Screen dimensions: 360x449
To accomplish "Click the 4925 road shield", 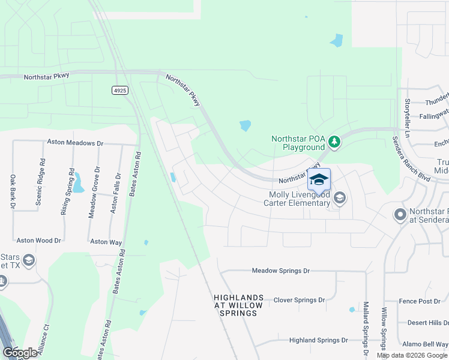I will (120, 90).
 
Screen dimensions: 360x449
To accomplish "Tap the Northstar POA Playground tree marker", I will (334, 142).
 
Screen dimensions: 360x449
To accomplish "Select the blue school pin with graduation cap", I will (319, 180).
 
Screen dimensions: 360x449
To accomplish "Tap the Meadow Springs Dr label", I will (281, 271).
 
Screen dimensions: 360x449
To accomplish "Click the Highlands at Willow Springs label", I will (238, 305).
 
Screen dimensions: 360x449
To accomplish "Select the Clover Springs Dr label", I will (299, 299).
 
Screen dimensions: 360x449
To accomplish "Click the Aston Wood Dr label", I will (39, 241).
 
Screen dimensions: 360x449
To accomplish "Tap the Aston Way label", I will (106, 242).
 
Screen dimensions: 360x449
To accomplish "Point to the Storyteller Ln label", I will (407, 116).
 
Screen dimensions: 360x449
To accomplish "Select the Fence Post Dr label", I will (420, 301).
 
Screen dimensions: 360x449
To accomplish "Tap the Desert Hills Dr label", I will (427, 323).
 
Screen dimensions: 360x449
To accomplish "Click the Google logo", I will (20, 353).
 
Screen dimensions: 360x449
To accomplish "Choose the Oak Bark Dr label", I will (13, 193).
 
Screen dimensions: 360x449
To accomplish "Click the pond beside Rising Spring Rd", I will (78, 182).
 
